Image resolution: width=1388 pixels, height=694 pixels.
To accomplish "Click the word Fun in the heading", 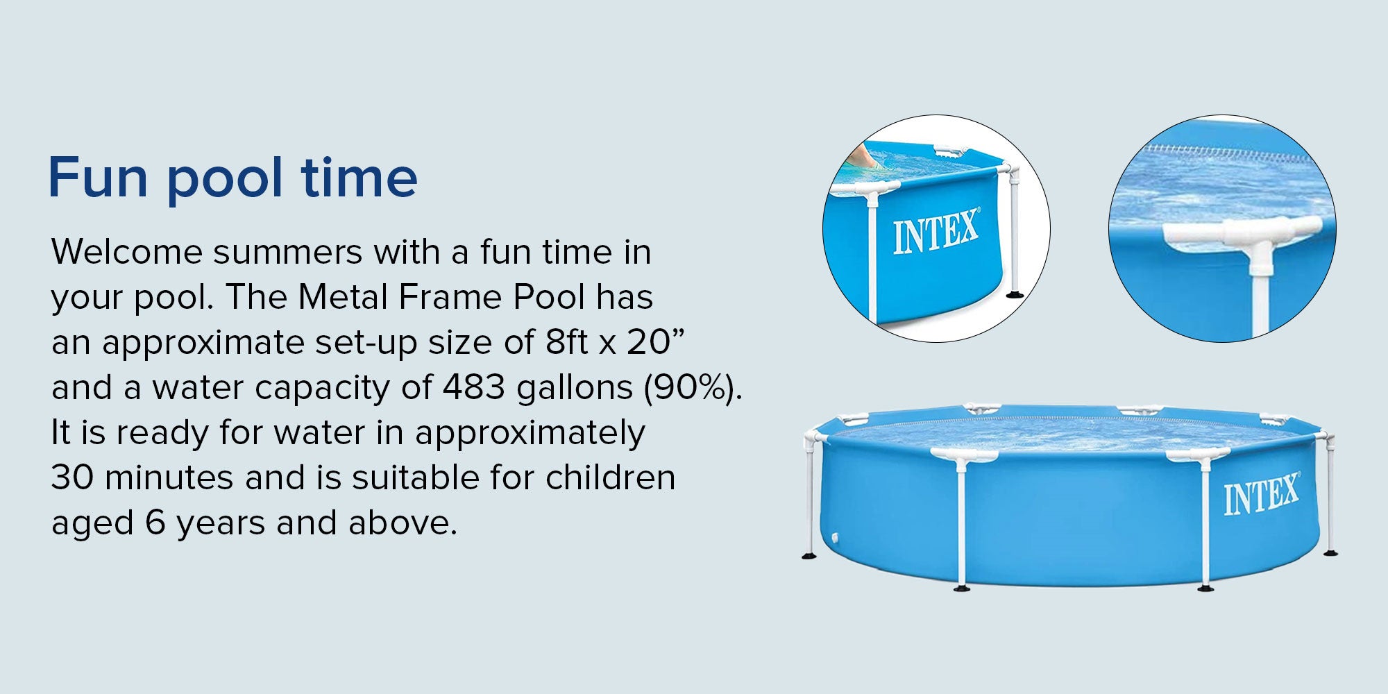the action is coord(98,178).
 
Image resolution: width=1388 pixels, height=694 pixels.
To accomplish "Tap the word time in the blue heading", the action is coord(359,177).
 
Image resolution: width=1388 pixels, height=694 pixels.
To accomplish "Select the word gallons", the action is coord(575,389).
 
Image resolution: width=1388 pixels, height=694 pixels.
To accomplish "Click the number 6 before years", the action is coord(155,523).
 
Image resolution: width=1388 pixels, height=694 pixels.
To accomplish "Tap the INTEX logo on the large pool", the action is coord(1261,495).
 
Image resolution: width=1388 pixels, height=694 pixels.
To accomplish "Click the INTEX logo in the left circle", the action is coord(936,232).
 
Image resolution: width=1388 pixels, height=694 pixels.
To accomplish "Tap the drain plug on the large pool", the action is coord(834,539).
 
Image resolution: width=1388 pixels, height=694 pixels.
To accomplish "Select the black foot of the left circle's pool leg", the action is coord(1015,294).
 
